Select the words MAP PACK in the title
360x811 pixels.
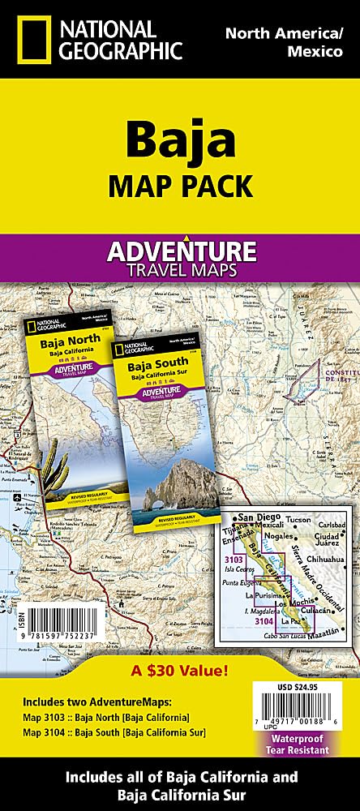coord(179,186)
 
